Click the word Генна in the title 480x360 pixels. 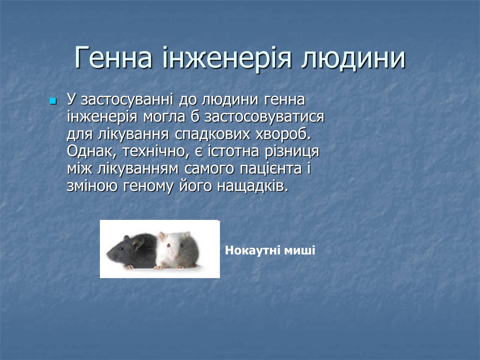coord(113,58)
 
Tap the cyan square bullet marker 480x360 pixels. coord(53,101)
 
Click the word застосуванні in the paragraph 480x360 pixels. coord(127,100)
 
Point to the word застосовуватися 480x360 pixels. coord(264,117)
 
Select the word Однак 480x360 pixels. coord(92,151)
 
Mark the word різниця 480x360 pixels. coord(292,152)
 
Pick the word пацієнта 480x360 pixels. coord(271,169)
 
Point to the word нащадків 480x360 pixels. coord(253,186)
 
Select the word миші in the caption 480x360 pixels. coord(300,250)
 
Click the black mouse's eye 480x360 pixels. coord(121,249)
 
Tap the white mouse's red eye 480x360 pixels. coord(168,246)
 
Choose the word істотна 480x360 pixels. coord(233,151)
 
